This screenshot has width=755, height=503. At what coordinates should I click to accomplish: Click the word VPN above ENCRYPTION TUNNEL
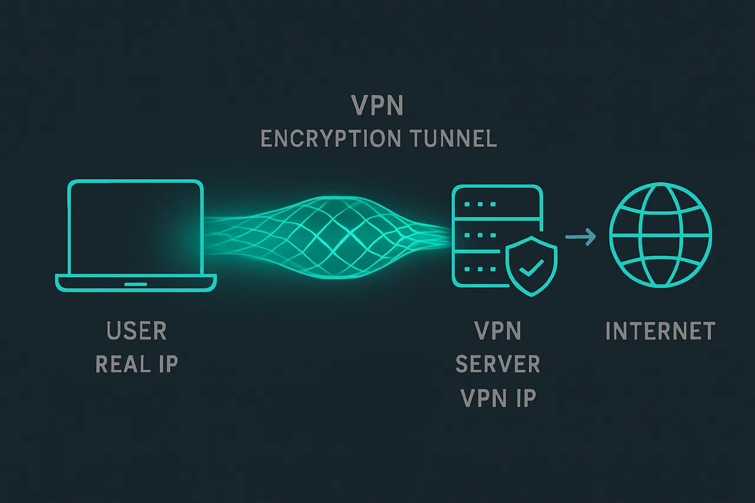[x=377, y=106]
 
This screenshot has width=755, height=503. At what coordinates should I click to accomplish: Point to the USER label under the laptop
[x=137, y=331]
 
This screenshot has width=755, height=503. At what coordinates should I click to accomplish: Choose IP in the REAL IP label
[x=168, y=364]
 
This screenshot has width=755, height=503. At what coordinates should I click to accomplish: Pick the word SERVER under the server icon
[x=498, y=364]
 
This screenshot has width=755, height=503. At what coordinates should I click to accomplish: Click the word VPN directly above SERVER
[x=498, y=331]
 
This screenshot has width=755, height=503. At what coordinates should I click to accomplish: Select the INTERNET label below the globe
[x=660, y=331]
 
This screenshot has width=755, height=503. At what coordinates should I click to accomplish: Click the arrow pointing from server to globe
[x=580, y=237]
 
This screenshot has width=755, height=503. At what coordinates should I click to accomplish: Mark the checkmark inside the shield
[x=531, y=268]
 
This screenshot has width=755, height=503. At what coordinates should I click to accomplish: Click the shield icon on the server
[x=531, y=265]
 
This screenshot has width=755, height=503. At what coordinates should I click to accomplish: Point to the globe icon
[x=660, y=234]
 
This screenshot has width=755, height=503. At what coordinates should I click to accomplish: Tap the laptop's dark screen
[x=136, y=227]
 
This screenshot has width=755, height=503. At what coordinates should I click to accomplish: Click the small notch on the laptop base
[x=136, y=284]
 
